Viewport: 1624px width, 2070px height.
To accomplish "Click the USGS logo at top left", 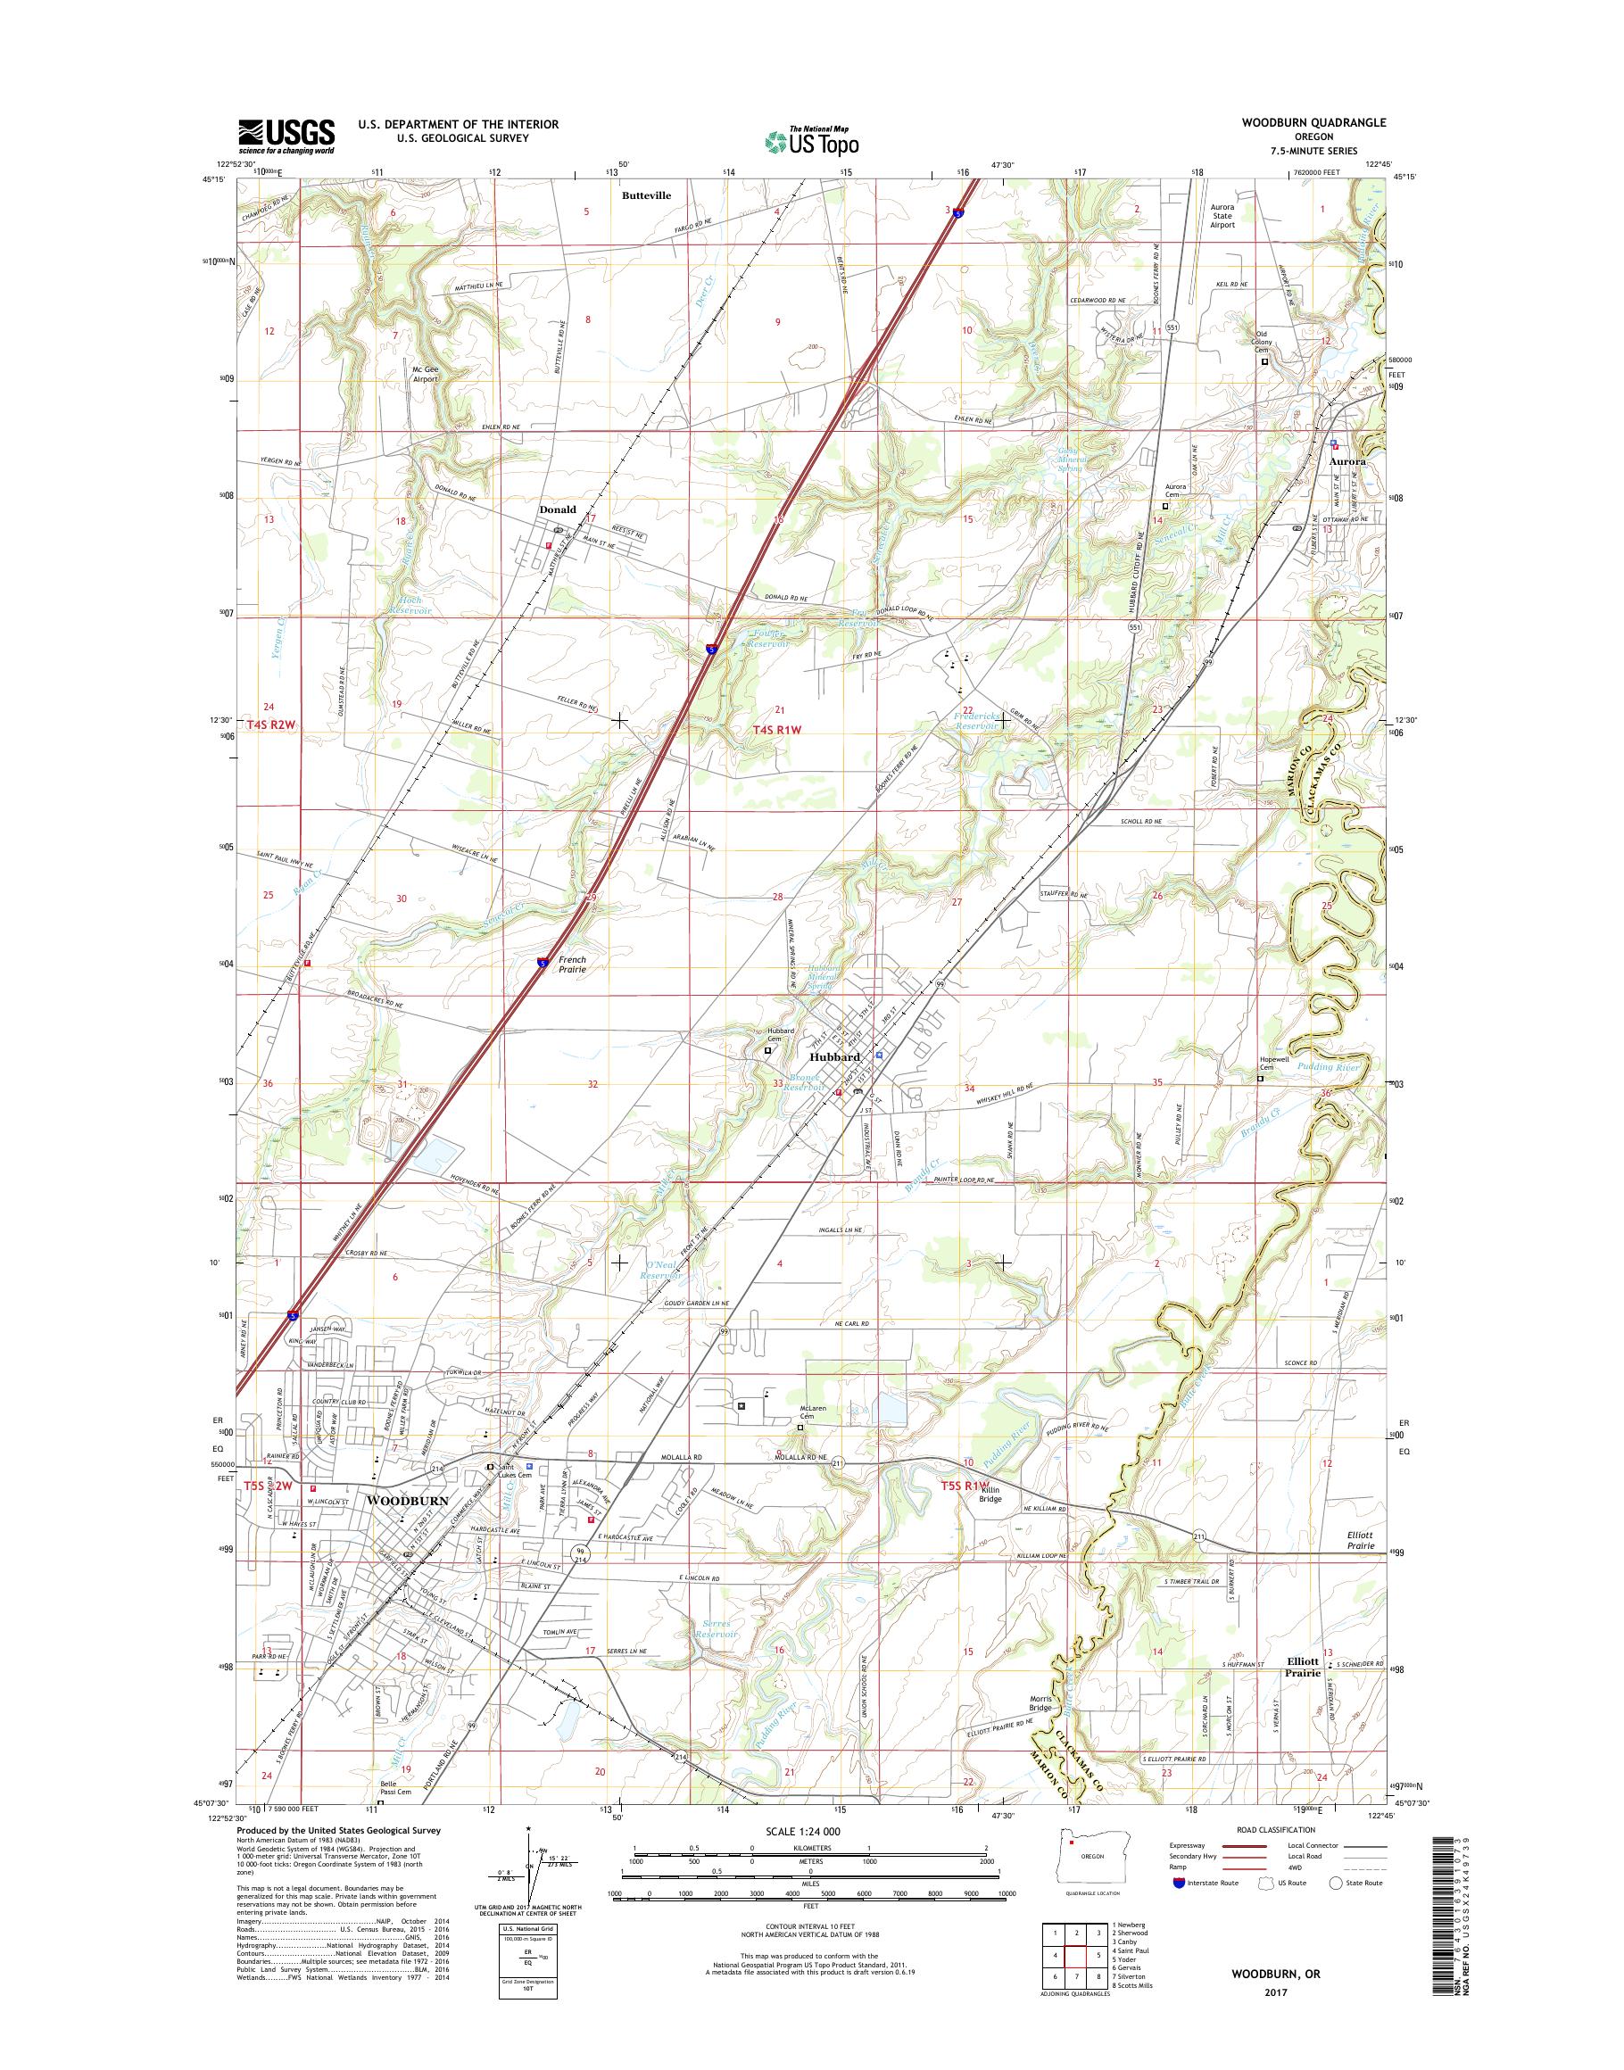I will (x=286, y=136).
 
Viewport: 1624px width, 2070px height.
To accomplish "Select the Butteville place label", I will (x=646, y=195).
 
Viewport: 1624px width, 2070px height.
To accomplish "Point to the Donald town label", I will (x=557, y=509).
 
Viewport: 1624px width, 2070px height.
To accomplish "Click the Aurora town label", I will (x=1346, y=461).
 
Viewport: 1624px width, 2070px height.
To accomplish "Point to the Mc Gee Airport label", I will (x=425, y=374).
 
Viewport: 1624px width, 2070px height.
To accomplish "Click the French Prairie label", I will (x=572, y=965).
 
